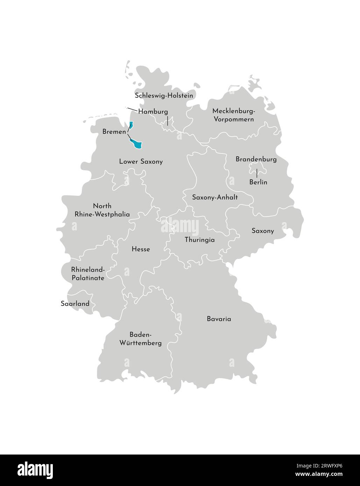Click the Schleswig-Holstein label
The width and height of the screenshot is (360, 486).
[x=164, y=95]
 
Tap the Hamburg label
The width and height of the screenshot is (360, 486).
[x=153, y=112]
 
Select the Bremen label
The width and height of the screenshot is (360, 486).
[x=114, y=132]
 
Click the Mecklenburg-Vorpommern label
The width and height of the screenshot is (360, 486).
[x=234, y=115]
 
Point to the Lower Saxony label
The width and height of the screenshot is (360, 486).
[x=141, y=162]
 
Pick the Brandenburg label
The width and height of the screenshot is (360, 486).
[x=256, y=159]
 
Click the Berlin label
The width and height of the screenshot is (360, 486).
[x=258, y=182]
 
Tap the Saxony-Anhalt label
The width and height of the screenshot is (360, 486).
[x=215, y=197]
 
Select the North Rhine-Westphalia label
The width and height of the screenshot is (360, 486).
[x=102, y=210]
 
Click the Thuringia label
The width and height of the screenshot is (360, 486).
[x=199, y=240]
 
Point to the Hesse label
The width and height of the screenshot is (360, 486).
[x=141, y=249]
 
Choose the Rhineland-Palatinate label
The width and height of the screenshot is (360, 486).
[x=88, y=274]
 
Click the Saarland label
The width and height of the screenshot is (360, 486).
[x=75, y=303]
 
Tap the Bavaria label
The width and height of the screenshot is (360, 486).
[x=219, y=319]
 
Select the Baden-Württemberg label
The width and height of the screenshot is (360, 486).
[x=140, y=338]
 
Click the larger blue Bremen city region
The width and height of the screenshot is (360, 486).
[x=137, y=144]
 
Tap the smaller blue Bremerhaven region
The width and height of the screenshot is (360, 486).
[x=131, y=124]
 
